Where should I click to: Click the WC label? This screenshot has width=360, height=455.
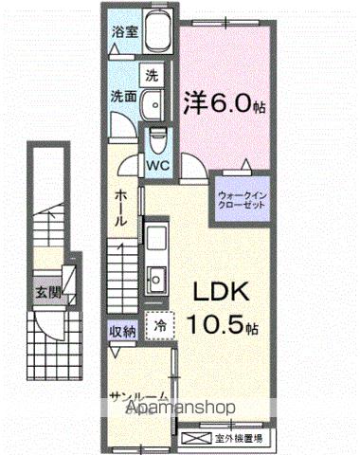[156, 163]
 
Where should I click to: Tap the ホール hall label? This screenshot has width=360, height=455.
[122, 207]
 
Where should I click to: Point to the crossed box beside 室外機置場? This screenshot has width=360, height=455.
[195, 437]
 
